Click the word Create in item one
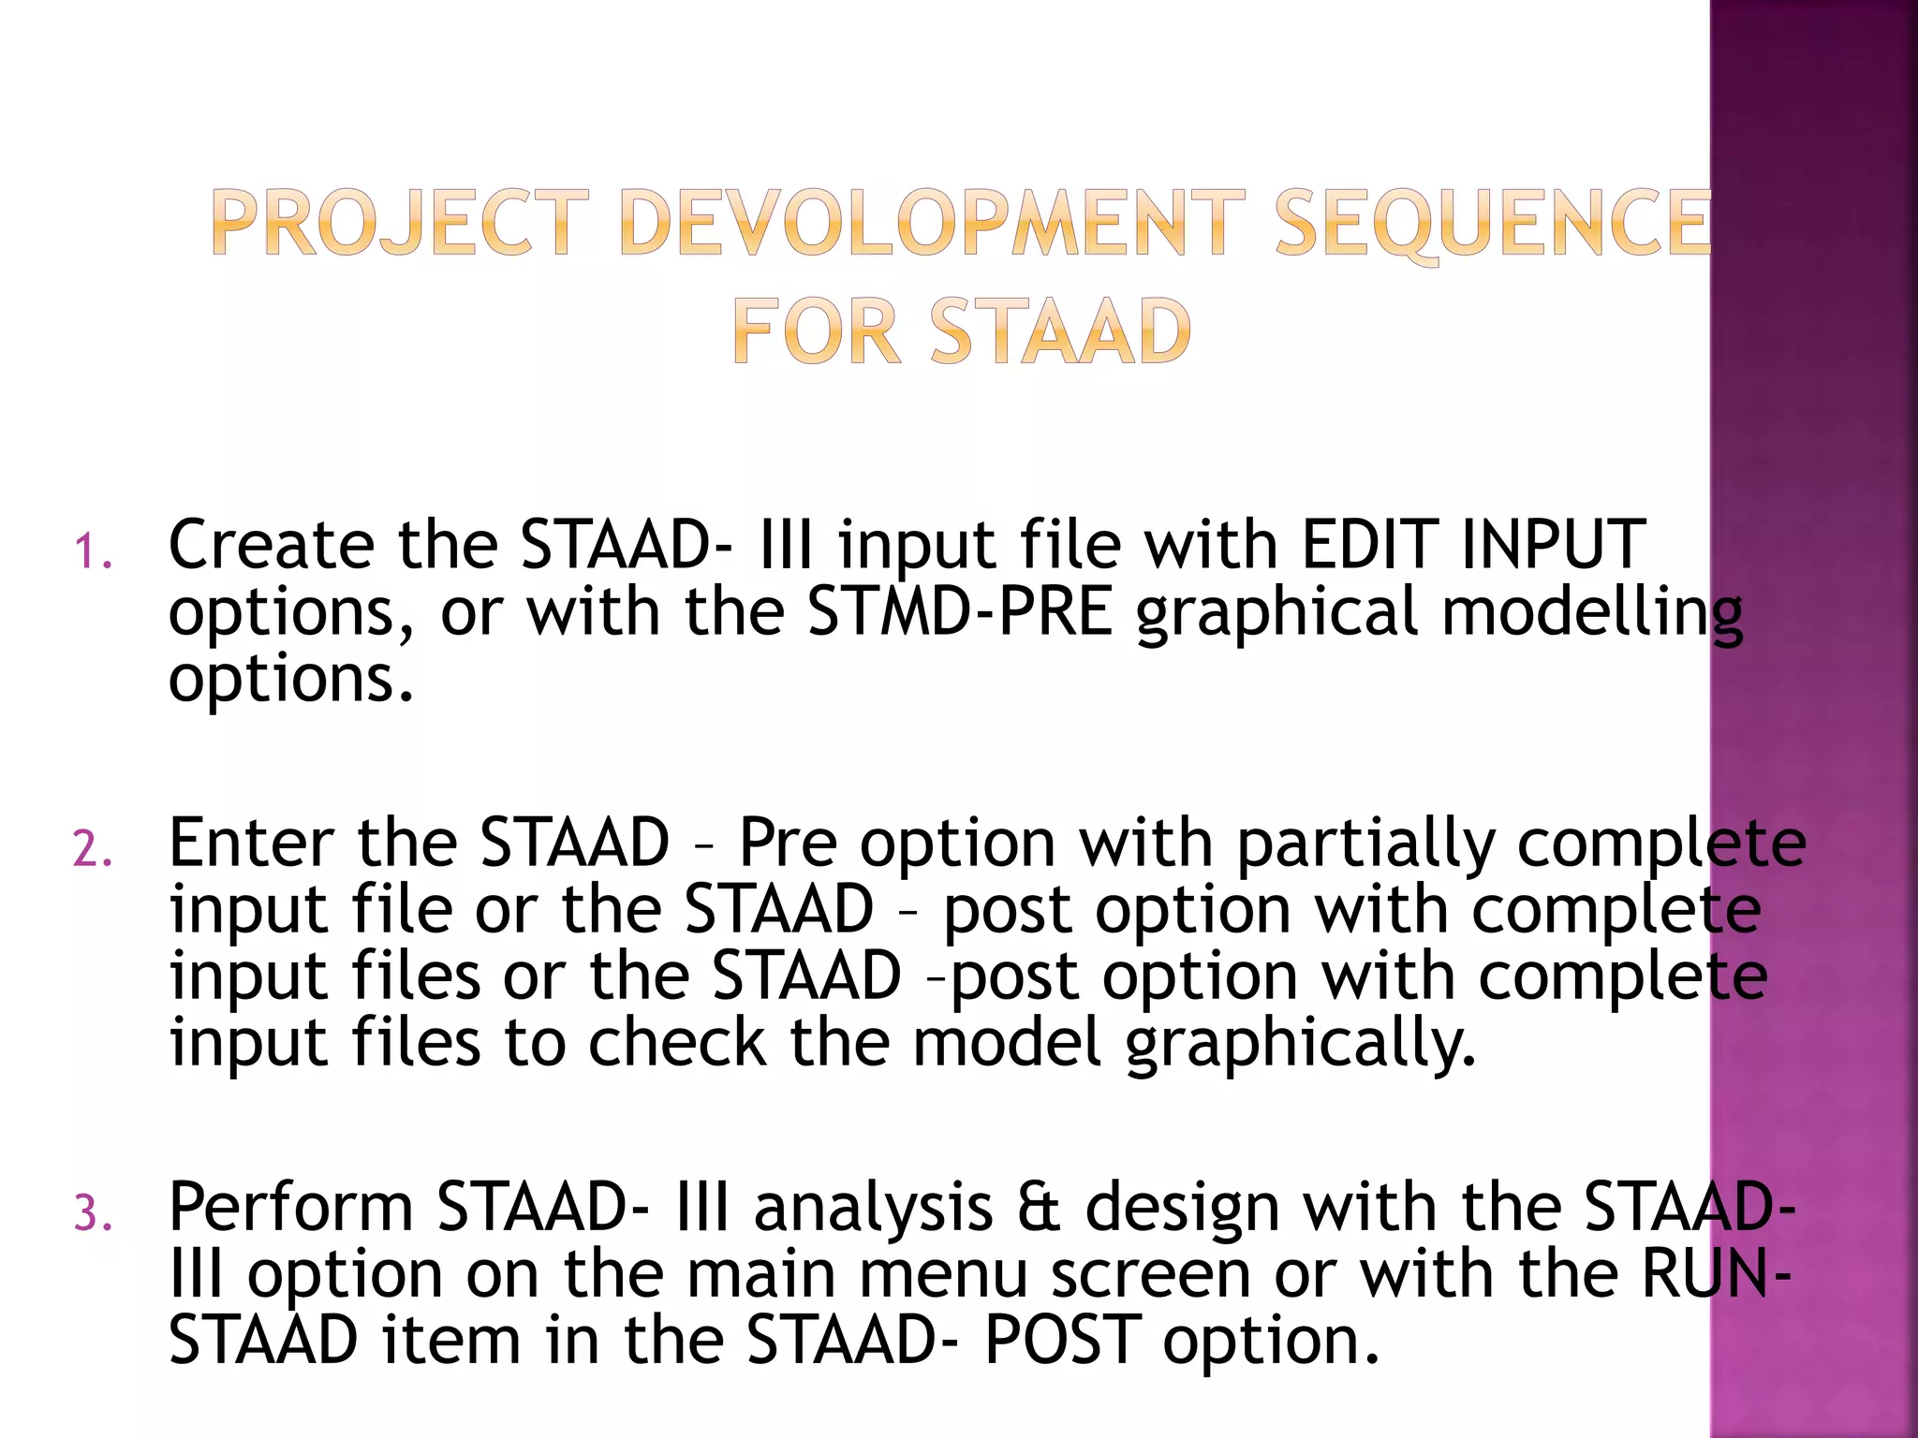[x=271, y=545]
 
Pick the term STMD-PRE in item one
[x=960, y=611]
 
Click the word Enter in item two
[x=250, y=843]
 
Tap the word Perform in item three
[x=290, y=1208]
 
